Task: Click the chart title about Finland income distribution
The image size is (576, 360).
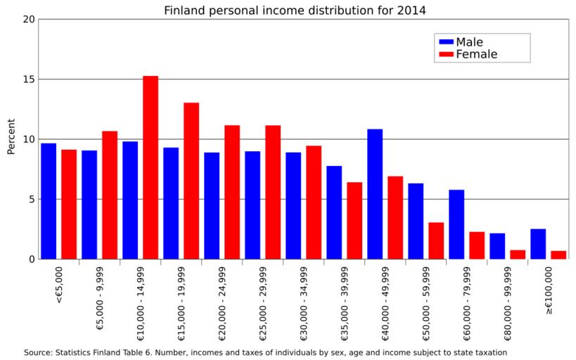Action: (x=295, y=11)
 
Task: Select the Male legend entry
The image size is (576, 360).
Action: (x=469, y=42)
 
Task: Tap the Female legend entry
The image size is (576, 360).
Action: (x=476, y=54)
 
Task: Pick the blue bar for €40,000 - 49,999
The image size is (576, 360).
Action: (x=375, y=194)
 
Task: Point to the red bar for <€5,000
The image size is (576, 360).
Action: (x=69, y=204)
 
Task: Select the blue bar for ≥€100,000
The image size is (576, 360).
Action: (x=538, y=244)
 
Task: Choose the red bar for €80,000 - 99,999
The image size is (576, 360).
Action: (x=518, y=255)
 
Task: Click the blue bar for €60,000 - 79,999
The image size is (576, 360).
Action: (x=456, y=224)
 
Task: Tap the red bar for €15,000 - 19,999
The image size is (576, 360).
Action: (x=191, y=181)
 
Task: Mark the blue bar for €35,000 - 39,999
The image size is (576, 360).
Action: (x=334, y=212)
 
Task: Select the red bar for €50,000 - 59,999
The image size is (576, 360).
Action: (x=436, y=240)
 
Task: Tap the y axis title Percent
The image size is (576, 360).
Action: (x=11, y=139)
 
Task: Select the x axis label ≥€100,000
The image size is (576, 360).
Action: (x=549, y=290)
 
